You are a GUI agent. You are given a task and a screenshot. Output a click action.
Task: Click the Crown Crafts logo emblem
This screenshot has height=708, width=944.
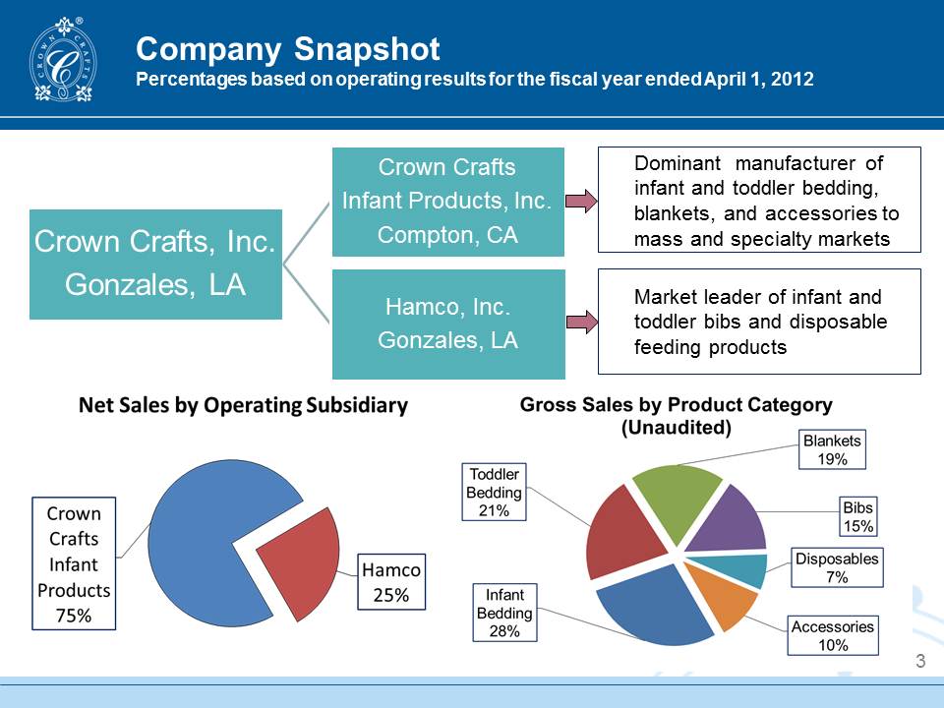64,61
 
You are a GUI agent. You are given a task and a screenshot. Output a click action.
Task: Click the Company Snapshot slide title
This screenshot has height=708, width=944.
287,48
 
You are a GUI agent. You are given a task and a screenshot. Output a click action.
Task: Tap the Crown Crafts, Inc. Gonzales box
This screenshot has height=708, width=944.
155,264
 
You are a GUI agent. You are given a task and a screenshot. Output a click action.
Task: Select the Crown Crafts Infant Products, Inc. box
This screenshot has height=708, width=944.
447,202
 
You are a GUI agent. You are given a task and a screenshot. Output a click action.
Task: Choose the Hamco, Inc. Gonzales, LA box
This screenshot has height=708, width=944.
447,324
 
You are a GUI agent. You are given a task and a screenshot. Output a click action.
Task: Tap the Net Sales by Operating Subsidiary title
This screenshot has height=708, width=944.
243,405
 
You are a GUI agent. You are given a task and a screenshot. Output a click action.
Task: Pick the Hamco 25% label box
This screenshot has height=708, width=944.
392,582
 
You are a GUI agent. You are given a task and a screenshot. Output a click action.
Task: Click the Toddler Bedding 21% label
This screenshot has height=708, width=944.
494,492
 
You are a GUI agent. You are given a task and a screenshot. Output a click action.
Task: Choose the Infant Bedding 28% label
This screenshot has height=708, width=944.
504,613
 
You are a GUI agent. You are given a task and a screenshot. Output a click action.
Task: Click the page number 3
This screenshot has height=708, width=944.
920,661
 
